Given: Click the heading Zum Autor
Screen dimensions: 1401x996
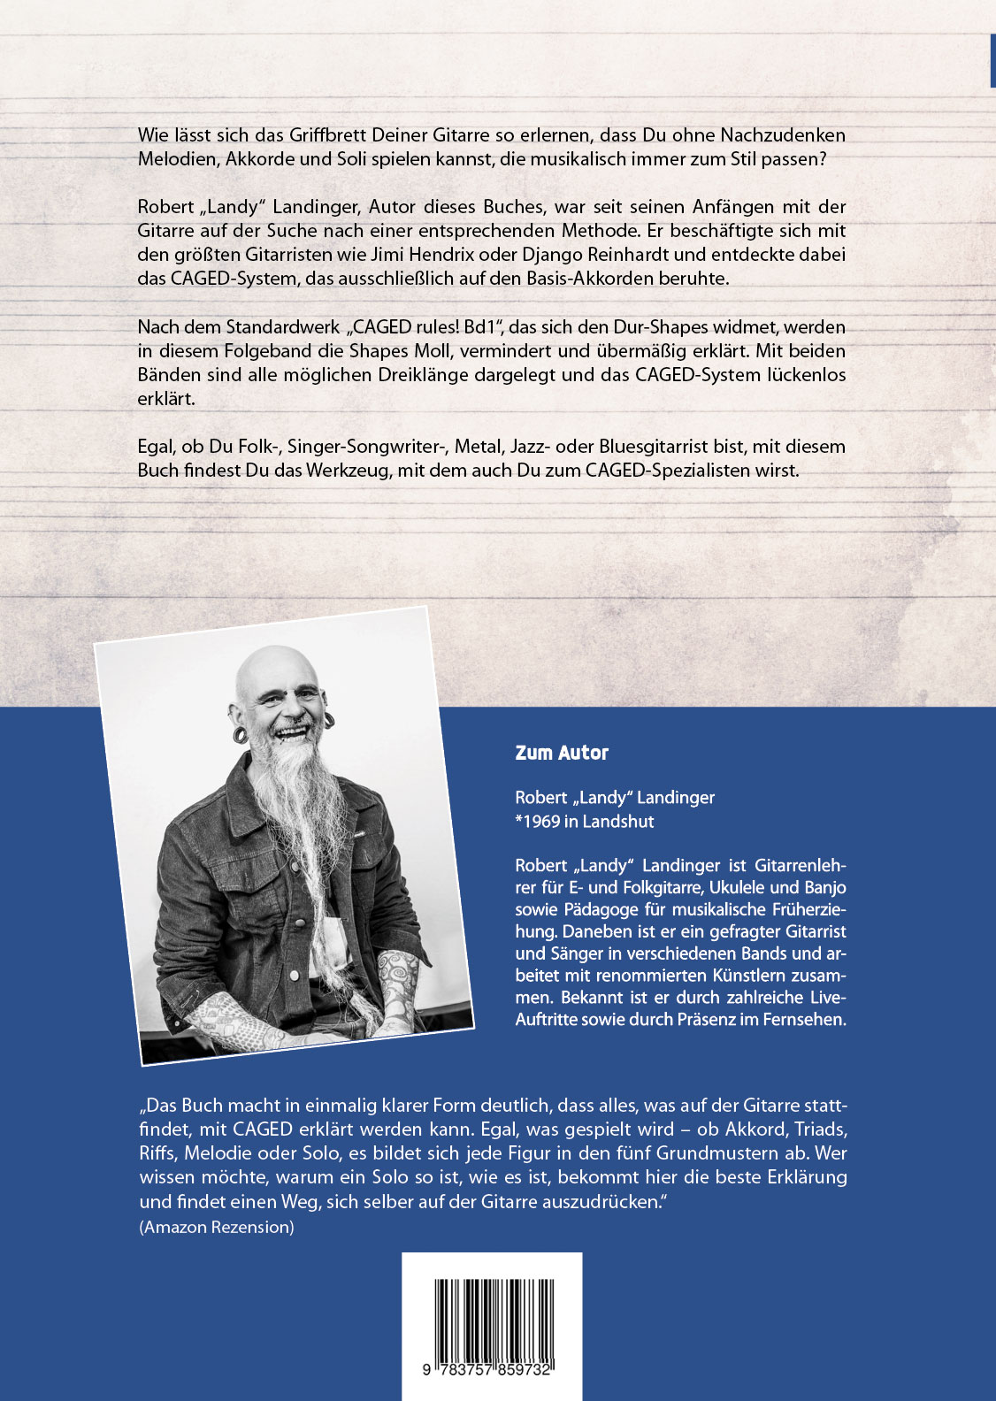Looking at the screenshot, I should coord(562,753).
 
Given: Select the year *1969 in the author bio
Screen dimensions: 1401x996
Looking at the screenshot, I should coord(537,821).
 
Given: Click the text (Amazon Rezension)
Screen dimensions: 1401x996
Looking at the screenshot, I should coord(217,1227).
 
